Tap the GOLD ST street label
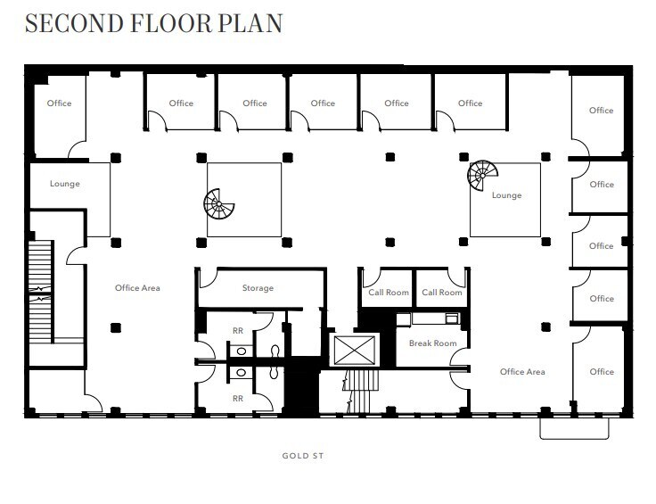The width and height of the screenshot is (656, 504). pos(302,456)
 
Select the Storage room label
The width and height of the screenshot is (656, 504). pos(258,288)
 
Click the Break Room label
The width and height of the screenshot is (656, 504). pos(432,343)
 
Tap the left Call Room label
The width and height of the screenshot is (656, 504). pos(389,293)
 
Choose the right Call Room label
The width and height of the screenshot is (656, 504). pos(442,293)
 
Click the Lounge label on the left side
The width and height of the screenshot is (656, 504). pos(65,184)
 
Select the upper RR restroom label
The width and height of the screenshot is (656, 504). pos(238,330)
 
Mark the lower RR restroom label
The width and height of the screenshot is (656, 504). pos(238,398)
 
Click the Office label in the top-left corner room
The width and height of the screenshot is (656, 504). pos(59,103)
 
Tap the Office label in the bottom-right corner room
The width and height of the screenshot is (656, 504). pos(602,372)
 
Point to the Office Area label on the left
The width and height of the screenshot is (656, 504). pos(137,288)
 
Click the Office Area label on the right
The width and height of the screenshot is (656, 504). pos(522,372)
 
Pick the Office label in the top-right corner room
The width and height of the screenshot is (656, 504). pos(602,111)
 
